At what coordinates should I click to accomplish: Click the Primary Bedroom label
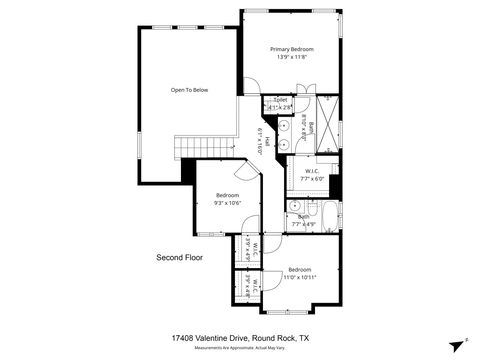[291, 49]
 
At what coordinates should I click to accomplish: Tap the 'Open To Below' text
[189, 90]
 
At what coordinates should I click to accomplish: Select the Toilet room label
[280, 100]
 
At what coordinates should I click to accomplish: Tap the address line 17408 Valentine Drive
[240, 338]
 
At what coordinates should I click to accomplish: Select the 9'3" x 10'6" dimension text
[228, 202]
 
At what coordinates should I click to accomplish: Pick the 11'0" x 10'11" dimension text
[300, 276]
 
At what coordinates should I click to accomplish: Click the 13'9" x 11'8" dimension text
[291, 57]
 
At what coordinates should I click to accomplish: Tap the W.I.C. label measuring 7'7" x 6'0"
[311, 172]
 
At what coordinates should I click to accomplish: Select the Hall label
[266, 140]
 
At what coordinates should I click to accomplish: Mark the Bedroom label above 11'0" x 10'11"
[300, 269]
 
